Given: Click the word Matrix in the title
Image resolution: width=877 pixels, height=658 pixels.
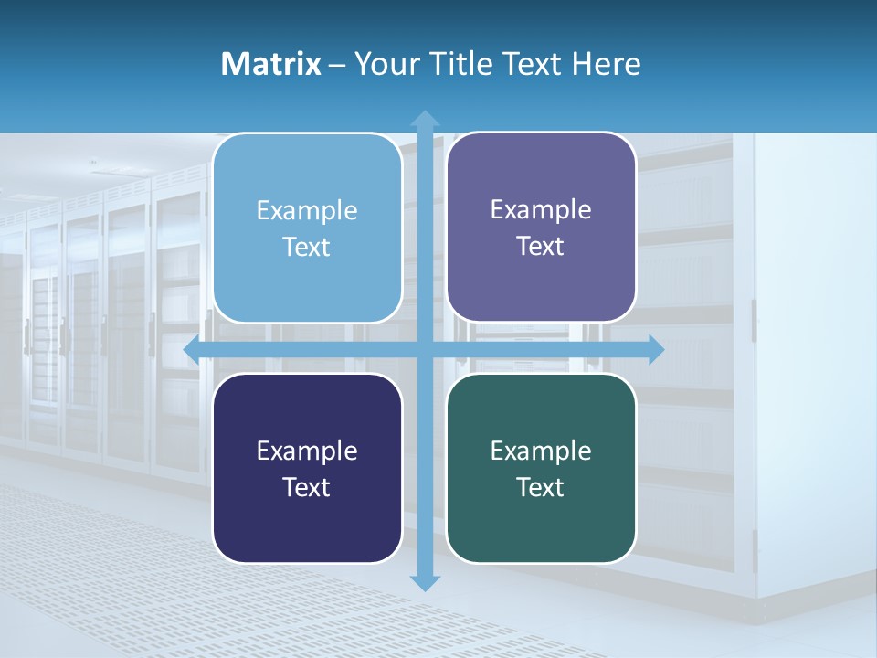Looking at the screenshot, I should (x=270, y=64).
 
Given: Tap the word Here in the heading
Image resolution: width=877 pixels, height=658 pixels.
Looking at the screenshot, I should (x=606, y=64).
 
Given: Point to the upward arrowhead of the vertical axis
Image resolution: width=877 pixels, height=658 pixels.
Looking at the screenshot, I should (x=425, y=118).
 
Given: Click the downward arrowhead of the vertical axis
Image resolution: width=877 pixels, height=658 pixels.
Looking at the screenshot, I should (x=425, y=582).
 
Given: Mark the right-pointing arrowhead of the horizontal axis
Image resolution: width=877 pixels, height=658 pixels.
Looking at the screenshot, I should (x=656, y=349).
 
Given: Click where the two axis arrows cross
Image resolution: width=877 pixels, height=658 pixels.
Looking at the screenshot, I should (x=425, y=349).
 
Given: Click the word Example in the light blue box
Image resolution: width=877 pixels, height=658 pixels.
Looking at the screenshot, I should (x=307, y=210).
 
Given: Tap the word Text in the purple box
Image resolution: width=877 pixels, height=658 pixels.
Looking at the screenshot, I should (x=541, y=246).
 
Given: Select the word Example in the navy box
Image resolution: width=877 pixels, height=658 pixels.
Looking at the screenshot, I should (x=307, y=451).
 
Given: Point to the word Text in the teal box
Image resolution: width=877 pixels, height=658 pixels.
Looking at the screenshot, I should (x=541, y=487).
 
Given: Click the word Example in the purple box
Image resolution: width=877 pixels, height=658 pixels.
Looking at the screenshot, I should (x=541, y=209).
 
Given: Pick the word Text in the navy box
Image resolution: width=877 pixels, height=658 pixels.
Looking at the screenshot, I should (x=307, y=487).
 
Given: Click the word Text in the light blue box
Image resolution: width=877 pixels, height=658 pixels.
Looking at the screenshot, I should (x=307, y=247).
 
